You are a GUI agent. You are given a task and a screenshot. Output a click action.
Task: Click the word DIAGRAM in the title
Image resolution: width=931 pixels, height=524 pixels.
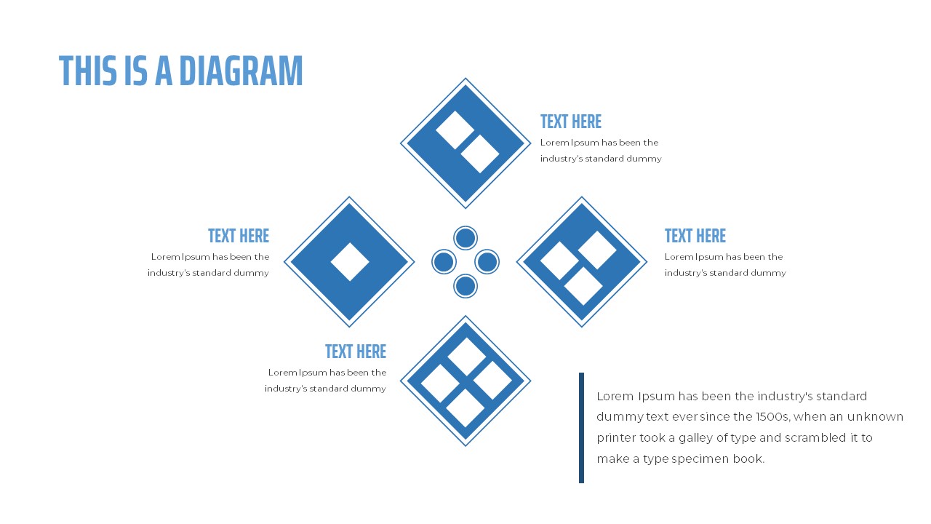(241, 71)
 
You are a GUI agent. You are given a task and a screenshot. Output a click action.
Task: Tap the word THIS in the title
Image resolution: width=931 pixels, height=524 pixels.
(88, 71)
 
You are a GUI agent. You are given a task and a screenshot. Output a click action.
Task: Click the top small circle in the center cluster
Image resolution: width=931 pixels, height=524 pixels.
(465, 238)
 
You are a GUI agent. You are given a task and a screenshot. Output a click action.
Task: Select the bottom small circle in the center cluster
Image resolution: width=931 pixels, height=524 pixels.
(465, 286)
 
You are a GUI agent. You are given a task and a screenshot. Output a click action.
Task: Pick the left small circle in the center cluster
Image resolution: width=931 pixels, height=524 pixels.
(444, 262)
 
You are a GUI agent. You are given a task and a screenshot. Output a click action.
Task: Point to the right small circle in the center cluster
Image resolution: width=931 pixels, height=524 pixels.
(487, 262)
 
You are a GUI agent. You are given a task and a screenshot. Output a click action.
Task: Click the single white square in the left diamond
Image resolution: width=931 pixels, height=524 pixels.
(350, 262)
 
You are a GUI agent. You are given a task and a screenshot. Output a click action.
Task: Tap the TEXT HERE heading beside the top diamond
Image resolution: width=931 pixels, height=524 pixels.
(571, 122)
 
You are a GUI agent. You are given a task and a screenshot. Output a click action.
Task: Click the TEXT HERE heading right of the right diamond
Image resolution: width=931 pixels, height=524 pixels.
(695, 236)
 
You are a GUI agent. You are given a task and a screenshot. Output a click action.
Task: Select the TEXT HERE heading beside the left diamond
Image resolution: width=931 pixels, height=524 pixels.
(239, 236)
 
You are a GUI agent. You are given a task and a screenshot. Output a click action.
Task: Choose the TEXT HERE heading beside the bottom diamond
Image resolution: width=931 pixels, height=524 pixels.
(356, 352)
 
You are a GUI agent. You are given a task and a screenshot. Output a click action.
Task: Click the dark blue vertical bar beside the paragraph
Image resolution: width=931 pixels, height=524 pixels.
(581, 427)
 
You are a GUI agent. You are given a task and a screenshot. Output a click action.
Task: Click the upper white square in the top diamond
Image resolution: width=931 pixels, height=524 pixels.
(455, 130)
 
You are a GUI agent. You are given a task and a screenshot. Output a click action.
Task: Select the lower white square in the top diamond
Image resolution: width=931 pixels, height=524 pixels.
(479, 154)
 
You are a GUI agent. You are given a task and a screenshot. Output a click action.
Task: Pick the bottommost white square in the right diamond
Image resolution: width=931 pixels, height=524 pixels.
(583, 286)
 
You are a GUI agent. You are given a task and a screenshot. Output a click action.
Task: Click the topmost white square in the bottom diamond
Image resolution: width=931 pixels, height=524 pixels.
(466, 357)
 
